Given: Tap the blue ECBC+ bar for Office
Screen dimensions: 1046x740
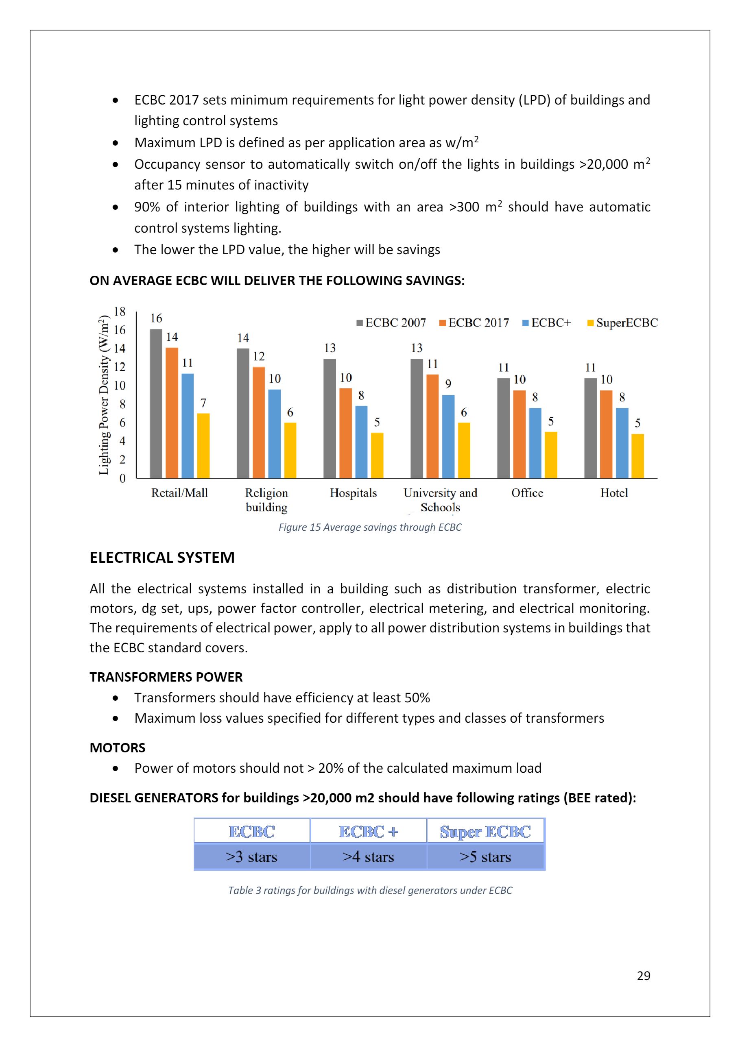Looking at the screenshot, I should (535, 442).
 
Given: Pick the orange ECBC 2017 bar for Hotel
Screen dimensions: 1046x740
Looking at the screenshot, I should (606, 434).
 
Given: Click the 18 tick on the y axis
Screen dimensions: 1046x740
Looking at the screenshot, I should (119, 312).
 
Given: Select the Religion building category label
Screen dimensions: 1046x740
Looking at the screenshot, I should (266, 500).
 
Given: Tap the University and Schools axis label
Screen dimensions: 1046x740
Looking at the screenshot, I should (440, 500).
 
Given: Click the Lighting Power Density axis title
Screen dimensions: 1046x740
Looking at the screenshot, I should (104, 394).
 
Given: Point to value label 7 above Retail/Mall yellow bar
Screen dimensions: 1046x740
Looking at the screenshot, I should (203, 403).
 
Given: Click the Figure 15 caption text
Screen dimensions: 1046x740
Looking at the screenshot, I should (370, 527).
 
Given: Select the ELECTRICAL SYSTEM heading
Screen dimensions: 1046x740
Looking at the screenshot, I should (162, 558).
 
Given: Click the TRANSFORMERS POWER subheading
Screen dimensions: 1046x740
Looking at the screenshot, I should (166, 677).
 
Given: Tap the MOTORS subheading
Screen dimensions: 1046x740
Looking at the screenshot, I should (118, 747).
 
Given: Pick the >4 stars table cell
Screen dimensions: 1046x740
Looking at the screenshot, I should (368, 857).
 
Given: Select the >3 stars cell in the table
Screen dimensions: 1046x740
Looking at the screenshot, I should (251, 857).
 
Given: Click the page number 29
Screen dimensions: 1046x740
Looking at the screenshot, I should (644, 975).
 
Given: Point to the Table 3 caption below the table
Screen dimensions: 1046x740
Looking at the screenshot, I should (370, 890).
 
